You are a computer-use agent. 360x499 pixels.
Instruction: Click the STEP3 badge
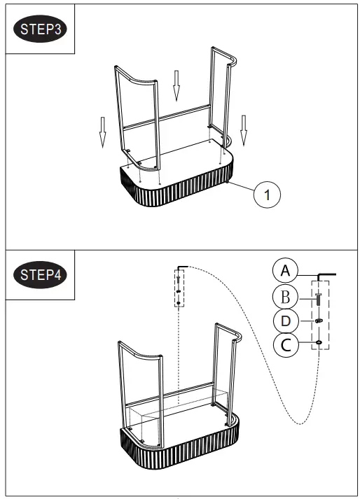[x=40, y=31]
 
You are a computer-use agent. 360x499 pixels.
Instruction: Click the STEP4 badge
[x=40, y=274]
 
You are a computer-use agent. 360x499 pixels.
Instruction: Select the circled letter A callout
[x=284, y=270]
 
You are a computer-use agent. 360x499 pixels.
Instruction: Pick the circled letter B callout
[x=285, y=297]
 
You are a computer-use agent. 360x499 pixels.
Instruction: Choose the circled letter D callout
[x=285, y=321]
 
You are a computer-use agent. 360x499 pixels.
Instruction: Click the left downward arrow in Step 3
[x=103, y=132]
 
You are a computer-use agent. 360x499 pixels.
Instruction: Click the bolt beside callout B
[x=319, y=300]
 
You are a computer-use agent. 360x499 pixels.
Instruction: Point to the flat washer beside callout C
[x=319, y=342]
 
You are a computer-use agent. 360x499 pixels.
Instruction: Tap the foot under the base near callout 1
[x=229, y=183]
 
